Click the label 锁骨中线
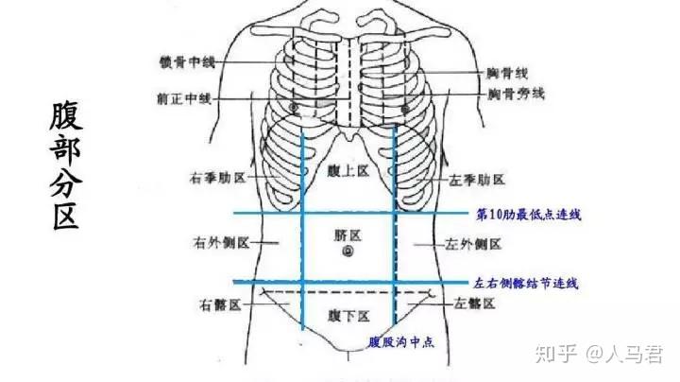(x=188, y=62)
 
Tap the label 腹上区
(x=348, y=171)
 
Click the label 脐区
(x=348, y=233)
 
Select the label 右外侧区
(x=220, y=243)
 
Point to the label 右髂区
(x=221, y=304)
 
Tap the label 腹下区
(x=348, y=314)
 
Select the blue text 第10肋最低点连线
(x=529, y=215)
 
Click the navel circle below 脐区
(x=348, y=252)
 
